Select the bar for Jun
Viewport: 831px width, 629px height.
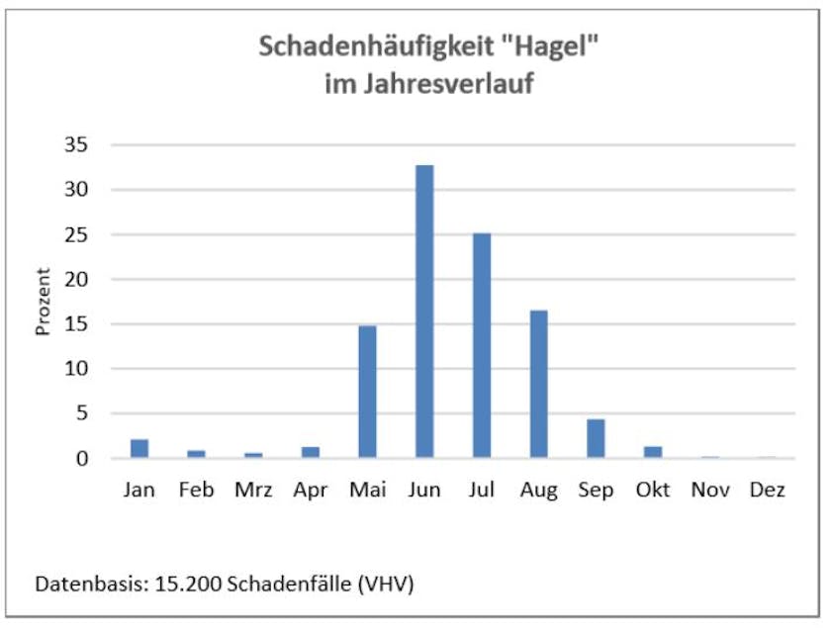point(424,311)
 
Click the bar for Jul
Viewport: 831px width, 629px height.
point(482,345)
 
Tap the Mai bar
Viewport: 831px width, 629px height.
point(367,392)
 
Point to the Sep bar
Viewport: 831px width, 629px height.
point(596,438)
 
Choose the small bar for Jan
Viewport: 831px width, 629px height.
point(139,448)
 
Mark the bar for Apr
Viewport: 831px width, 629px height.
point(311,452)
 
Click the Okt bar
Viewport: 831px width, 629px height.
point(653,452)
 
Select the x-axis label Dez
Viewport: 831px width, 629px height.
point(767,491)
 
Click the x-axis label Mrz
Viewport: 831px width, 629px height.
point(253,491)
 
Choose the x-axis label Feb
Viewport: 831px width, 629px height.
point(197,491)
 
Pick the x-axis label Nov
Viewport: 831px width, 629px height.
point(709,491)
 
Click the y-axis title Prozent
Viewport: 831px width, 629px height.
point(44,302)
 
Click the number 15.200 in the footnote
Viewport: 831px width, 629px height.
point(189,584)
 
